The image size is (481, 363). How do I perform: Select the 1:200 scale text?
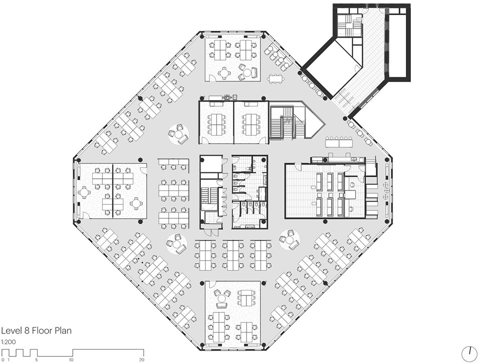pyautogui.click(x=9, y=342)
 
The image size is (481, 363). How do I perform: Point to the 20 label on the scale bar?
pyautogui.click(x=141, y=360)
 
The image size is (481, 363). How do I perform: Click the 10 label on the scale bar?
pyautogui.click(x=71, y=360)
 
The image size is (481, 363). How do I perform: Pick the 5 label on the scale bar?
pyautogui.click(x=37, y=360)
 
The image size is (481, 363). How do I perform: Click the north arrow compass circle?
pyautogui.click(x=469, y=354)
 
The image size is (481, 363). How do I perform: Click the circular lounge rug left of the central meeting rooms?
pyautogui.click(x=178, y=134)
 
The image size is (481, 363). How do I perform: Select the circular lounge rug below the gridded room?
pyautogui.click(x=290, y=239)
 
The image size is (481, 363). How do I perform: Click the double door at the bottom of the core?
pyautogui.click(x=211, y=232)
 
